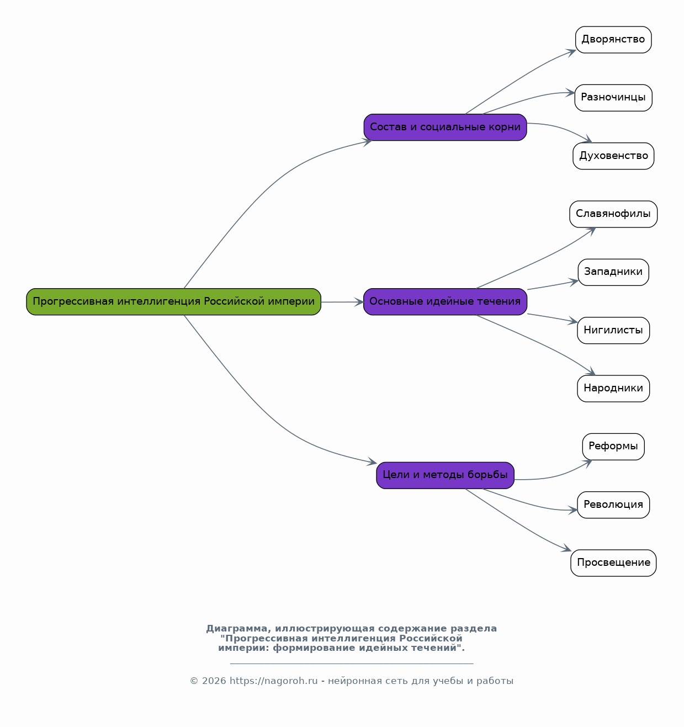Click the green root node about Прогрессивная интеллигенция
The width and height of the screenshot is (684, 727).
click(173, 301)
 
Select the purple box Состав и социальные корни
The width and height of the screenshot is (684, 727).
click(445, 127)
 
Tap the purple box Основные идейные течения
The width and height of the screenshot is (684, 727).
click(445, 301)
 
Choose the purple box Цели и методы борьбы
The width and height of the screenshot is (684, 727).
click(445, 475)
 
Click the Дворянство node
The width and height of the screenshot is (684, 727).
click(613, 40)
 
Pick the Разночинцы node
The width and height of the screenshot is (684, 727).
click(613, 98)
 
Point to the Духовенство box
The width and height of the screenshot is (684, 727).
click(613, 156)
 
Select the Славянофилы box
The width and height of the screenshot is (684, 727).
click(613, 214)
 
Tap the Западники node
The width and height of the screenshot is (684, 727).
click(613, 272)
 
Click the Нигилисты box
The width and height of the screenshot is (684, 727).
click(613, 330)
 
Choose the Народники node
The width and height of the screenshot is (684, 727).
click(613, 389)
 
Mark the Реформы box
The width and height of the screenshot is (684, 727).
click(613, 447)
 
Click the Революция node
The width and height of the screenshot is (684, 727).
click(613, 505)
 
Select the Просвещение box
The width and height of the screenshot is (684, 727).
click(613, 563)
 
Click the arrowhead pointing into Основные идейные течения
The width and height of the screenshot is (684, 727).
click(359, 302)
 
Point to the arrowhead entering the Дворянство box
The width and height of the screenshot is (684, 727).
click(571, 52)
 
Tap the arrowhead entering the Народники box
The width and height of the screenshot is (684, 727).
click(590, 371)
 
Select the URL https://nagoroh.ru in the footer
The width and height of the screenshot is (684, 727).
click(273, 681)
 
